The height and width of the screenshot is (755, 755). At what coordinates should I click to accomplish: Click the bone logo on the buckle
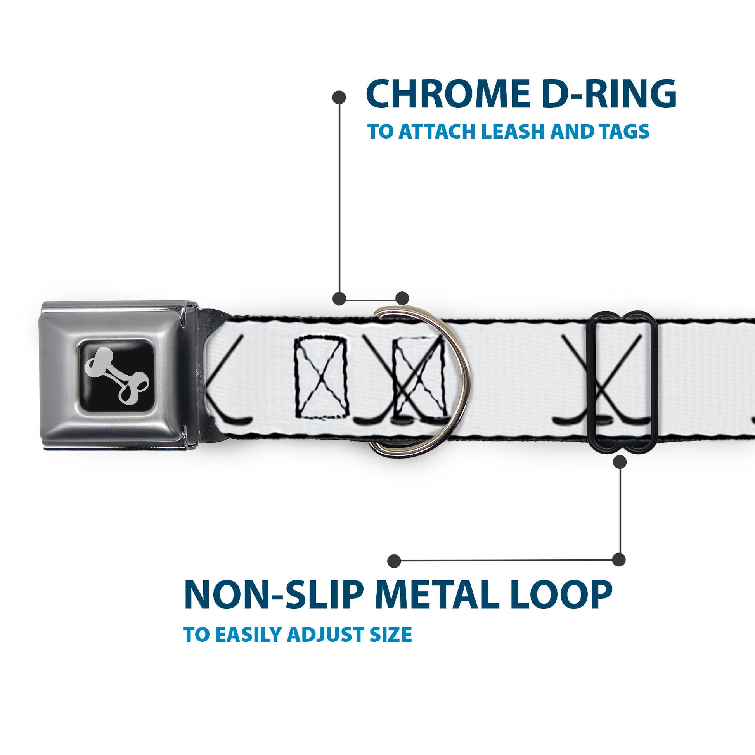116,375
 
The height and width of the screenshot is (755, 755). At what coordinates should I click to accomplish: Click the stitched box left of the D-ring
320,377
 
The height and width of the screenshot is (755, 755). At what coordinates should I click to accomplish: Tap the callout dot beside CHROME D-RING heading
338,97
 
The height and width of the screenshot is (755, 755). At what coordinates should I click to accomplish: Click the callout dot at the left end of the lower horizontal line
394,561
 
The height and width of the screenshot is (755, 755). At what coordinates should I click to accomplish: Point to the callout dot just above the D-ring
402,298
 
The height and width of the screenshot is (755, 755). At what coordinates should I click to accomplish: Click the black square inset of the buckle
116,375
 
